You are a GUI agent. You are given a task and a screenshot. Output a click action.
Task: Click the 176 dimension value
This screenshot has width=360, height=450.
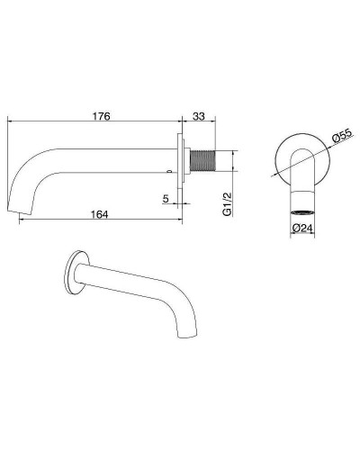pos(101,116)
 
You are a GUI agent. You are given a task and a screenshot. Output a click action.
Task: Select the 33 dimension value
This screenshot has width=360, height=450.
pos(199,116)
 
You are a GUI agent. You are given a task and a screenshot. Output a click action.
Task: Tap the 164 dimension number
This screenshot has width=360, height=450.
pos(99,214)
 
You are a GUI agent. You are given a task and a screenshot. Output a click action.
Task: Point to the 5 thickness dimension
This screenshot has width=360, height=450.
pos(166,198)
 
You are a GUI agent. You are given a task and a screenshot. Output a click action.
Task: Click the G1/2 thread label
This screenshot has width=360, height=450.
pos(228,204)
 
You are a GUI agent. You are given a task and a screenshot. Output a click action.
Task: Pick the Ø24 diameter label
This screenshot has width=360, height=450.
pos(302,228)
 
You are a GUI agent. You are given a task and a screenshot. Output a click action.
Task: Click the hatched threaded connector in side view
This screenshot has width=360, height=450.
pos(203,160)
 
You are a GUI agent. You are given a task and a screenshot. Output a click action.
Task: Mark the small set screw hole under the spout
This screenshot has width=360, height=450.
pos(170,172)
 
